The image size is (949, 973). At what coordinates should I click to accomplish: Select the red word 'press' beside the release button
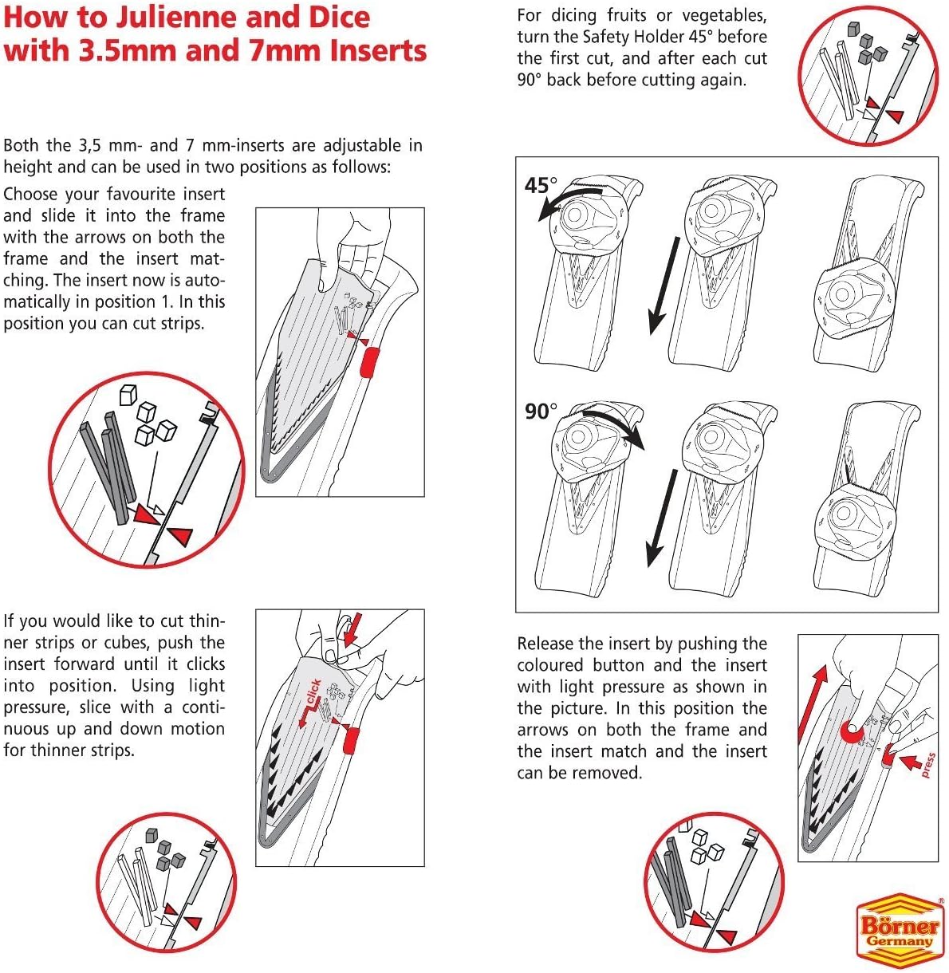tap(927, 765)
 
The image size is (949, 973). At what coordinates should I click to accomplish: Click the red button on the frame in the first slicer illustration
tap(370, 363)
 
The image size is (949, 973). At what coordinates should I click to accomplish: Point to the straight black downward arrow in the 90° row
tap(662, 518)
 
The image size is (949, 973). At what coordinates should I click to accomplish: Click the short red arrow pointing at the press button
tap(911, 762)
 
